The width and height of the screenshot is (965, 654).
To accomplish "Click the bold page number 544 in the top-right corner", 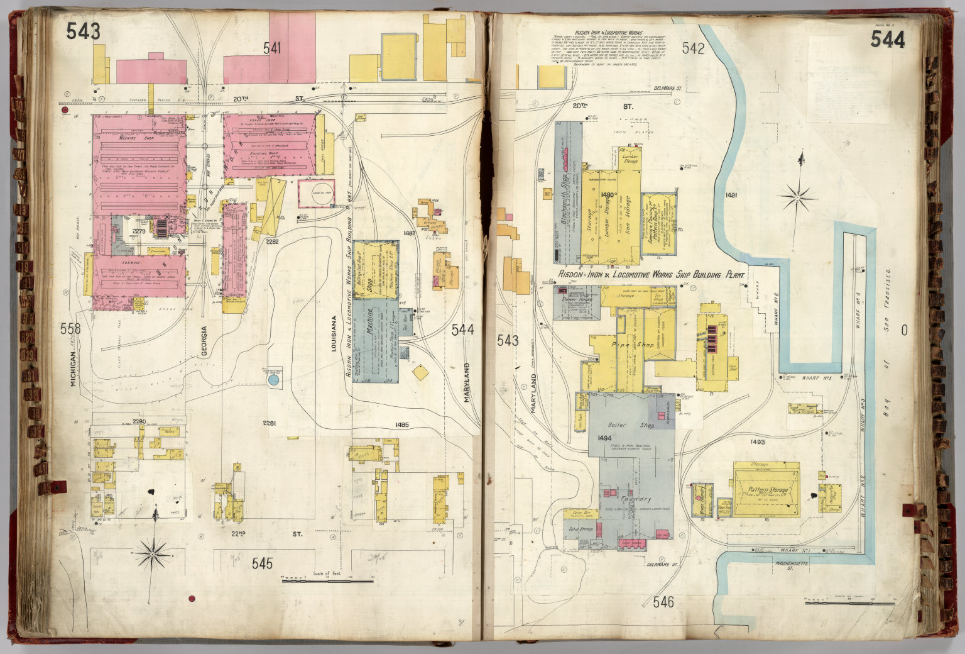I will tap(888, 40).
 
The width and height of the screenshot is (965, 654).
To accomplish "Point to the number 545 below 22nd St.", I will tap(262, 563).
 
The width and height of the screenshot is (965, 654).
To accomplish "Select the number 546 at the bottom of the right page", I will tap(663, 602).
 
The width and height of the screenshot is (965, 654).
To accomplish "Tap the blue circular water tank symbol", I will tap(273, 380).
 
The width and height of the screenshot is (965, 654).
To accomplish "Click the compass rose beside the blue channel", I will tap(796, 197).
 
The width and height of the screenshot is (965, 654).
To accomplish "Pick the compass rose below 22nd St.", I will tap(154, 553).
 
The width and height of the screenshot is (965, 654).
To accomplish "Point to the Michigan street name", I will tap(74, 368).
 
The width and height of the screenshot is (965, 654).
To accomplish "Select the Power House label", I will tap(577, 300).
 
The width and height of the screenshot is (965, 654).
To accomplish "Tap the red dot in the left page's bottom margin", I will tap(192, 599).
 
